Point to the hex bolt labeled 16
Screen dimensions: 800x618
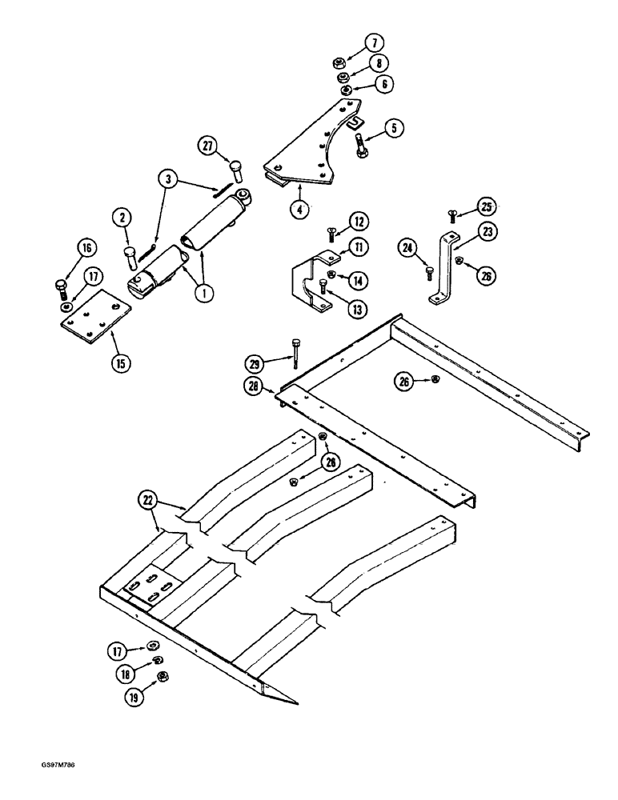61,286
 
